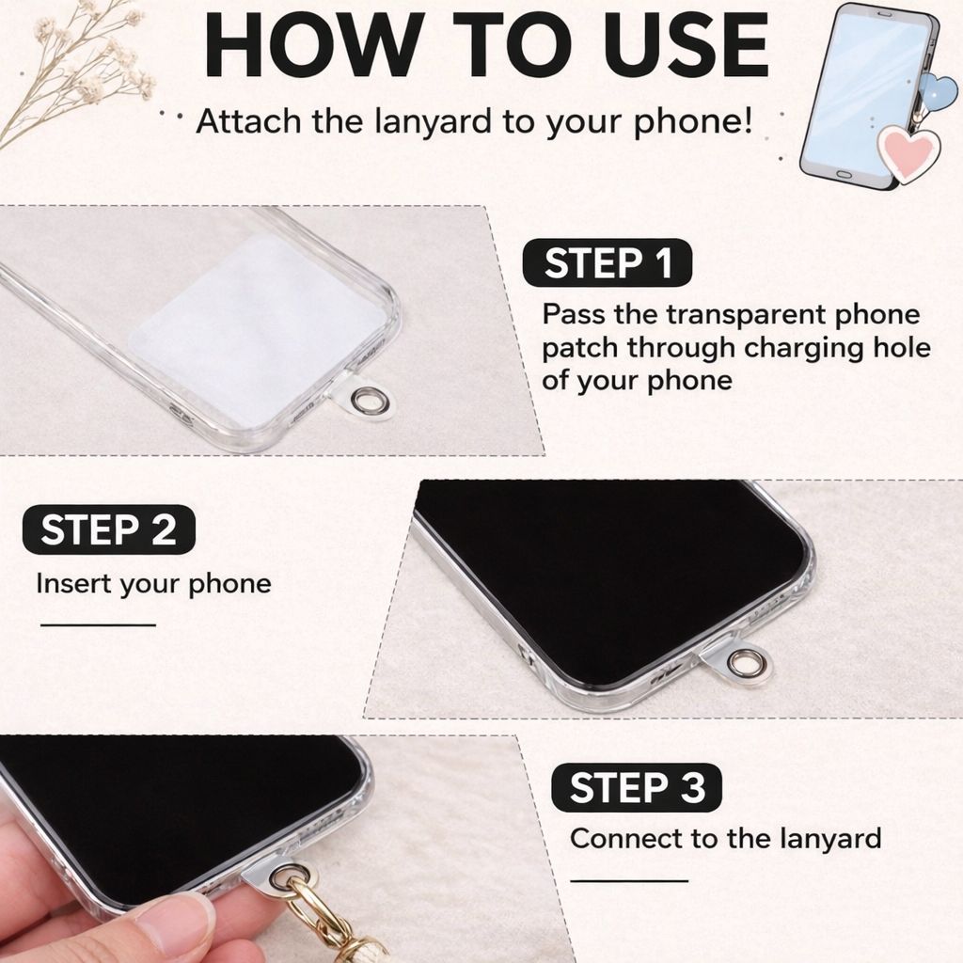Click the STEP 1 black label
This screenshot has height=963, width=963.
click(607, 263)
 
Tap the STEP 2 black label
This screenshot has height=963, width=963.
click(109, 529)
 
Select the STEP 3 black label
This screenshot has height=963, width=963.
click(637, 787)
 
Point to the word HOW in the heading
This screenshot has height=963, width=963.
click(314, 44)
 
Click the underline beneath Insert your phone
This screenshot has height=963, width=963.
click(98, 625)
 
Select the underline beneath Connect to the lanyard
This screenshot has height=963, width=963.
click(629, 880)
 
